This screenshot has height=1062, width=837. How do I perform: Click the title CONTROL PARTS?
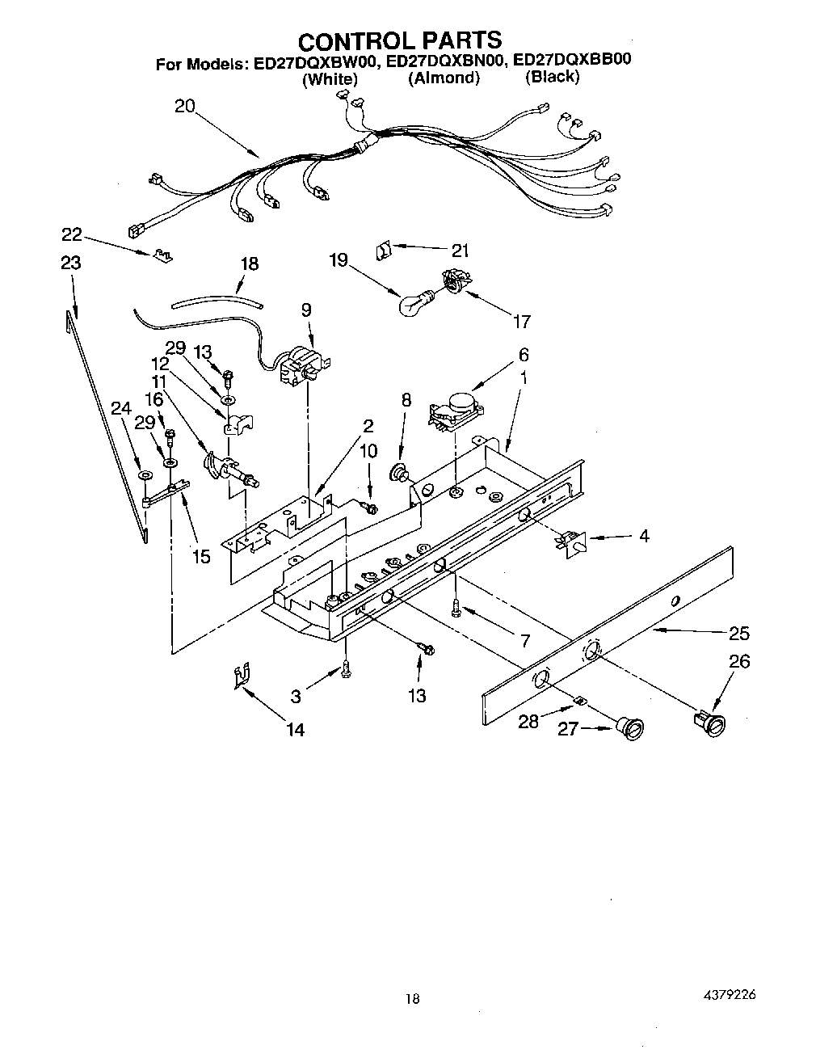click(400, 40)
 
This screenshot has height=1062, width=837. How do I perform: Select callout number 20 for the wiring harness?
click(185, 106)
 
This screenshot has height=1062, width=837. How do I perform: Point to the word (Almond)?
click(444, 78)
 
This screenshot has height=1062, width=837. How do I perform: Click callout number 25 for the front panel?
click(738, 634)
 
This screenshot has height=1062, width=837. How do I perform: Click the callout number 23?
click(71, 263)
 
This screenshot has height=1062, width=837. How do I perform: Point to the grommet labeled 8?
click(398, 471)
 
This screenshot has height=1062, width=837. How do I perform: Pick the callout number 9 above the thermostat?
click(306, 310)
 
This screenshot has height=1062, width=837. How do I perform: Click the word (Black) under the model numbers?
click(552, 77)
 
